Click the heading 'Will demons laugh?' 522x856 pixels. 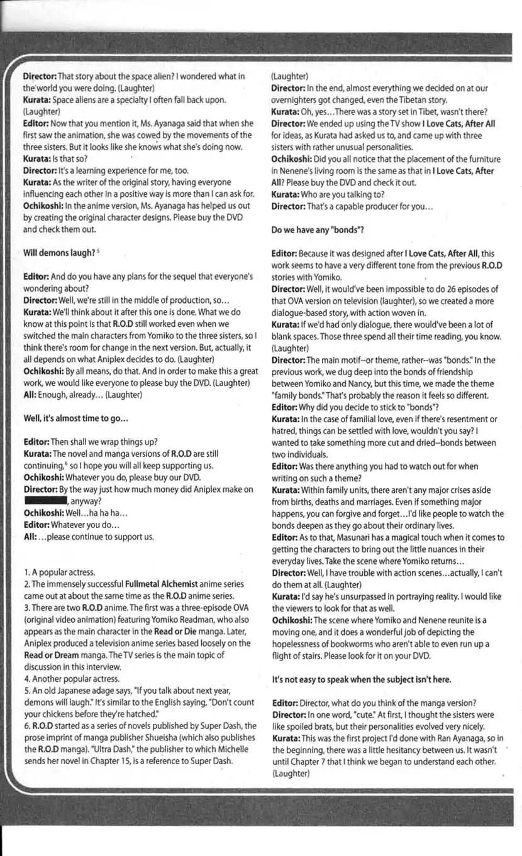[59, 253]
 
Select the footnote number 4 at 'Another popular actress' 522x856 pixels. [26, 679]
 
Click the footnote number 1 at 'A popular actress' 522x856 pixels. [26, 573]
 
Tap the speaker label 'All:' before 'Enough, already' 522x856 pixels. [30, 395]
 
